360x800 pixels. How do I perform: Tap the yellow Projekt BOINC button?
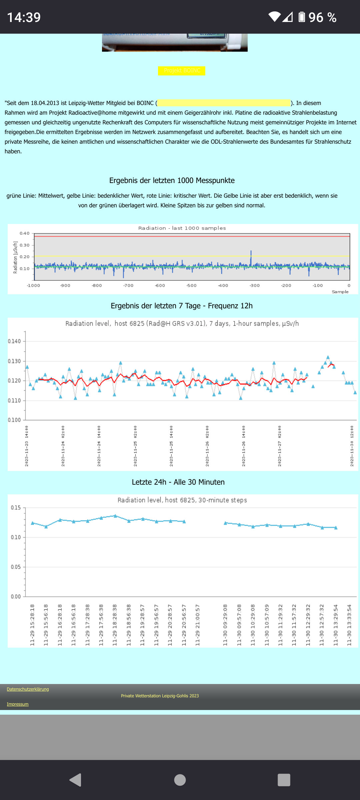[182, 71]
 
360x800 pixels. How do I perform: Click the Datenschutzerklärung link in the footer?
[28, 689]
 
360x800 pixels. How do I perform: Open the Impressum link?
[18, 704]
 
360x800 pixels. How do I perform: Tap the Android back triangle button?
[76, 780]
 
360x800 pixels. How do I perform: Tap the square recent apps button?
[284, 780]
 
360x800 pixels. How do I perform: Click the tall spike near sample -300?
[251, 257]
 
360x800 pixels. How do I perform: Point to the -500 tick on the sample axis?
[191, 286]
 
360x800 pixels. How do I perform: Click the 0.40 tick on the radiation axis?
[25, 233]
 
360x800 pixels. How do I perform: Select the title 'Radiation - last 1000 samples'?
[182, 228]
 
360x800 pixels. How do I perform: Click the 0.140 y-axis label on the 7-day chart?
[14, 341]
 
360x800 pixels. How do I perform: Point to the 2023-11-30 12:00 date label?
[352, 446]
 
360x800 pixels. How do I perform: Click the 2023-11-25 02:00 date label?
[135, 446]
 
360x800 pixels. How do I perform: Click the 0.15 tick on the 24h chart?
[16, 508]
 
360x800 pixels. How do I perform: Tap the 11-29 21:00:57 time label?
[197, 625]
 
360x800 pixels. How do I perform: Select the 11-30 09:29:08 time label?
[225, 625]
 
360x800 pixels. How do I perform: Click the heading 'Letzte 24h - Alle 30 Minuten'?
[178, 482]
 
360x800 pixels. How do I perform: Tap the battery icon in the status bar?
[302, 17]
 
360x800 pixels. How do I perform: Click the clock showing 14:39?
[24, 17]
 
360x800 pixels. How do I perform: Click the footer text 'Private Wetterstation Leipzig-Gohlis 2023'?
[160, 696]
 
